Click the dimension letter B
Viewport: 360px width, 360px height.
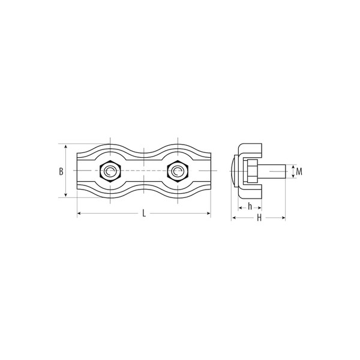tap(61, 172)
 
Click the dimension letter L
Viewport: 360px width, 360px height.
tap(144, 213)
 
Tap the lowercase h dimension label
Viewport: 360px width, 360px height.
tap(250, 206)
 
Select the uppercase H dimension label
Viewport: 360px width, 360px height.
tap(259, 218)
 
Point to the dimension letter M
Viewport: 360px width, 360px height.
tap(299, 172)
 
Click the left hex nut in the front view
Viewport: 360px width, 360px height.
tap(110, 171)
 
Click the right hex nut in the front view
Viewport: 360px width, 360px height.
tap(178, 171)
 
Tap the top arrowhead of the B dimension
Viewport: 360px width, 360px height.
tap(66, 146)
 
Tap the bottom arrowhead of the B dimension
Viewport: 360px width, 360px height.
tap(66, 195)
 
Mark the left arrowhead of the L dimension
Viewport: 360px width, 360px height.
tap(79, 214)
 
